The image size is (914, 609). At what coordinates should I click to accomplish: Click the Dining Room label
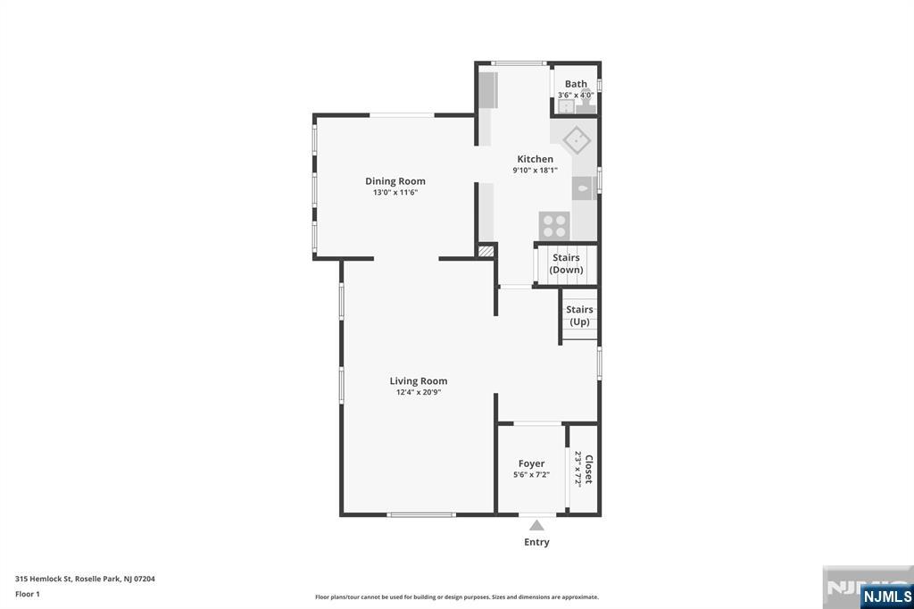coord(395,181)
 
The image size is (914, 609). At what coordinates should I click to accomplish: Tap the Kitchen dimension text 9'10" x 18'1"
coord(535,171)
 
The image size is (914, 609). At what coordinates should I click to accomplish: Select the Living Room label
coord(418,381)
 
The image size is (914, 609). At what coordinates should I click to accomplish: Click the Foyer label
coord(531,463)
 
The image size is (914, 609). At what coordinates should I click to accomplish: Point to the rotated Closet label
coord(588,469)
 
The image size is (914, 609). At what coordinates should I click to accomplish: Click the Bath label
coord(576,84)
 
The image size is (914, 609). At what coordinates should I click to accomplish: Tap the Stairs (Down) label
coord(566,263)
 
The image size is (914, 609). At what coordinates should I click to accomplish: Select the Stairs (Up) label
coord(579,315)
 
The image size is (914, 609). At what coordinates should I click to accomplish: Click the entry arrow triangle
coord(536,525)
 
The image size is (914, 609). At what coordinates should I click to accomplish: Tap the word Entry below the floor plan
coord(536,542)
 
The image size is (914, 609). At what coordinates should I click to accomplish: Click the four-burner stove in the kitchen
coord(554,224)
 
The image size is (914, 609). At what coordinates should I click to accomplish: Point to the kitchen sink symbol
coord(582,188)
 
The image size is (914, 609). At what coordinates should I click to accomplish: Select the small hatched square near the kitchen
coord(486,252)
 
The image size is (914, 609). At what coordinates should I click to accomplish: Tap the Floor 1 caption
coord(28,594)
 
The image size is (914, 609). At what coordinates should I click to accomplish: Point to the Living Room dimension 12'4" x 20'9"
coord(419,392)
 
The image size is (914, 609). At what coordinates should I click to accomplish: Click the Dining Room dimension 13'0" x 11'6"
coord(395,192)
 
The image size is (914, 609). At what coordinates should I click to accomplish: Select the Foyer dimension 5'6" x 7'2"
coord(531,475)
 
